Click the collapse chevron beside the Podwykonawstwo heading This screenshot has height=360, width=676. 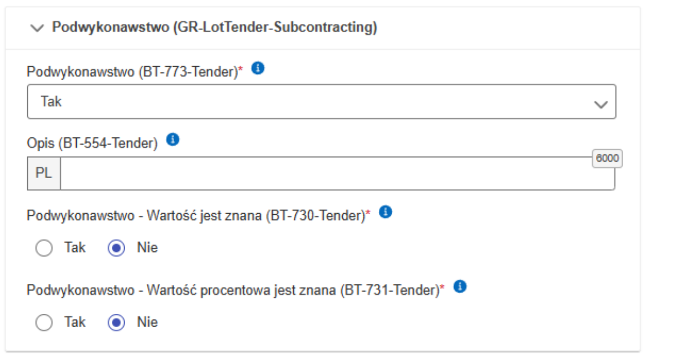click(37, 28)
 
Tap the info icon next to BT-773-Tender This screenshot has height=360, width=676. click(258, 68)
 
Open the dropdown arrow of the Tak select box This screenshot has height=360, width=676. click(600, 104)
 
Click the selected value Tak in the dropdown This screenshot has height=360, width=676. click(51, 102)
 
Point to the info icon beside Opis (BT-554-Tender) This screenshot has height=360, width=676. click(172, 140)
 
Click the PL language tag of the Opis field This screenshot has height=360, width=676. click(44, 173)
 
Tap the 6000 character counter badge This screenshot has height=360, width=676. click(606, 158)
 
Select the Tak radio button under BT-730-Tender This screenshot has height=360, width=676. click(43, 248)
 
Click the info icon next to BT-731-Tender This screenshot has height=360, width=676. click(460, 286)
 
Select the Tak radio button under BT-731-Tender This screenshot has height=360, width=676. click(43, 323)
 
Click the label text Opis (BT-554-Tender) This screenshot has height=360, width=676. click(92, 144)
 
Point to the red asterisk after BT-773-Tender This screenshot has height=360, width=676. click(241, 70)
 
